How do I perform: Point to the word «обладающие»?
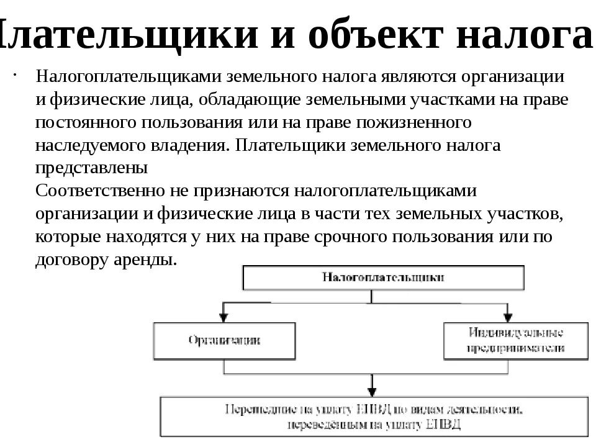[242, 99]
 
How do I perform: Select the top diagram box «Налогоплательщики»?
[382, 278]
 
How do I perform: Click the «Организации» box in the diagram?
[224, 340]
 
